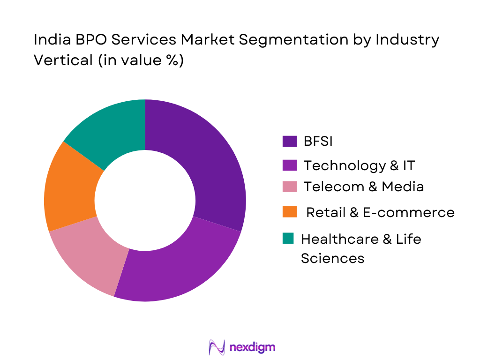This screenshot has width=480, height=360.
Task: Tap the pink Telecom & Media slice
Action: click(89, 255)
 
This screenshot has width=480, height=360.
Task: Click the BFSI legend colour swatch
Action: click(289, 141)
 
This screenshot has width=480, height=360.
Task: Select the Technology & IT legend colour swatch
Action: click(289, 165)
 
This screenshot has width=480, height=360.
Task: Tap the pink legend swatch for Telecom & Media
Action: click(289, 187)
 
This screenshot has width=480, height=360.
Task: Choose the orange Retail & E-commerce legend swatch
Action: click(289, 212)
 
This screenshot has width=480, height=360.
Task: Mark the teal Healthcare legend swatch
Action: click(289, 239)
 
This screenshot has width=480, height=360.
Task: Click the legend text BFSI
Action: click(318, 141)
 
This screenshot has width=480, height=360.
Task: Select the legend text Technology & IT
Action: click(359, 165)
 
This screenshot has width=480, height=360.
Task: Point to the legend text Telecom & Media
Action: click(363, 187)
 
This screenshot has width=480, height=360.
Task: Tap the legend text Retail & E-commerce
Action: click(380, 212)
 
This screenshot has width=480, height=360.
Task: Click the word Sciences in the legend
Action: click(332, 258)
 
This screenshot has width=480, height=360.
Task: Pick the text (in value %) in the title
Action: click(140, 60)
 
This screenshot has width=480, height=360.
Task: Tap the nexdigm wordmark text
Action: click(253, 347)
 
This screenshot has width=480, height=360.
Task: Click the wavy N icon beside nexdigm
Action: click(217, 347)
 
